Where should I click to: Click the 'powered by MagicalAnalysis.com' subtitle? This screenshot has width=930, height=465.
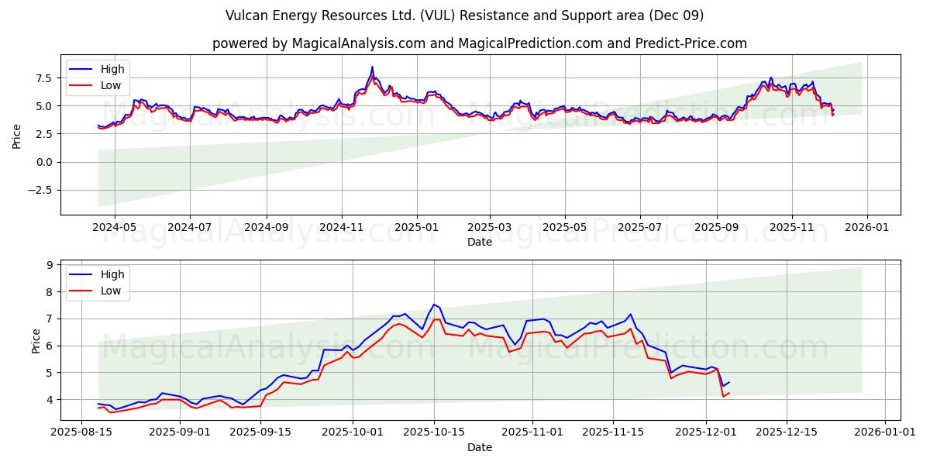480,43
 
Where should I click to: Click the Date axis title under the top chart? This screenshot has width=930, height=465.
480,243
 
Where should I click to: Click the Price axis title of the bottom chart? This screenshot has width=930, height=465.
36,340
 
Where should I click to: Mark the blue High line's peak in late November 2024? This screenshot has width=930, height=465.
372,67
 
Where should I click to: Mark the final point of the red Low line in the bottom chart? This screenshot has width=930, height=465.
728,393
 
